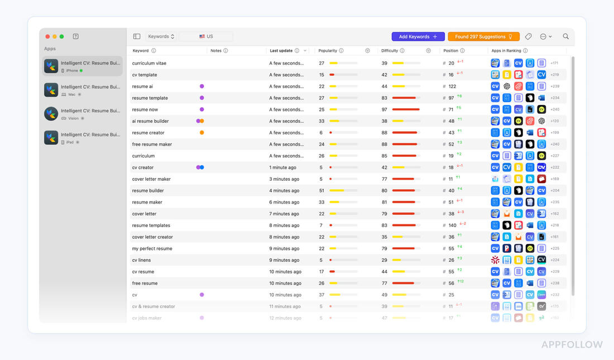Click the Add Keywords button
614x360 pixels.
pyautogui.click(x=418, y=37)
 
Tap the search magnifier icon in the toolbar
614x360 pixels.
pyautogui.click(x=565, y=36)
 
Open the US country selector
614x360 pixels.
pyautogui.click(x=206, y=37)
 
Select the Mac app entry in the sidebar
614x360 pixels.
pyautogui.click(x=83, y=90)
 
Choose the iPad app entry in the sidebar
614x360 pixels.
pyautogui.click(x=83, y=137)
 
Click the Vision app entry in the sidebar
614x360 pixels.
pyautogui.click(x=83, y=114)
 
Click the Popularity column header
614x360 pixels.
pyautogui.click(x=328, y=51)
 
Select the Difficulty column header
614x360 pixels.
pyautogui.click(x=390, y=51)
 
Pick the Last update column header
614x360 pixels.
pyautogui.click(x=281, y=51)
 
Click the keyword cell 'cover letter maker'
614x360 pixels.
pyautogui.click(x=151, y=179)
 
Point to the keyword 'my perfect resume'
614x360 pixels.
pyautogui.click(x=152, y=248)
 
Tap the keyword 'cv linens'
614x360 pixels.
pyautogui.click(x=141, y=260)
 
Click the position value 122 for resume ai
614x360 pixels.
pyautogui.click(x=452, y=87)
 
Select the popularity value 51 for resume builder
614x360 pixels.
pyautogui.click(x=322, y=191)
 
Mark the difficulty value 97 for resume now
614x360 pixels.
pyautogui.click(x=384, y=109)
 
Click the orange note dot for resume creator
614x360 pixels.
pyautogui.click(x=202, y=133)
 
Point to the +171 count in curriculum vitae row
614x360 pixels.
pyautogui.click(x=554, y=63)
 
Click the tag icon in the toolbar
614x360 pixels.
pyautogui.click(x=529, y=37)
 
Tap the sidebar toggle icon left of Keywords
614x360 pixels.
pyautogui.click(x=137, y=37)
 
